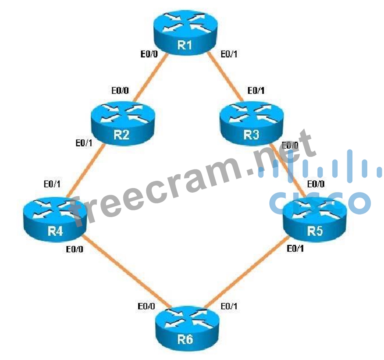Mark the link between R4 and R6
[126, 271]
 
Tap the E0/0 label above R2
[121, 90]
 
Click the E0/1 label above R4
[53, 184]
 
